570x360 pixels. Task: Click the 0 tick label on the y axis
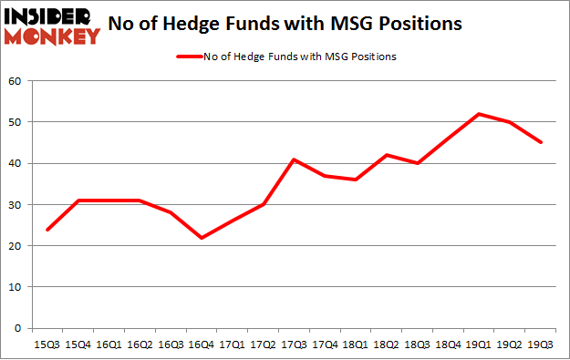(18, 328)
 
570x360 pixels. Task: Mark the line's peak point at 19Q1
(480, 114)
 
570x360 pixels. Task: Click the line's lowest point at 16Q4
(202, 238)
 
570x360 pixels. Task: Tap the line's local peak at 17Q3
(295, 159)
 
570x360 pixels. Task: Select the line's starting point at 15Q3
(47, 230)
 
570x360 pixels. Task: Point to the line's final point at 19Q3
(542, 142)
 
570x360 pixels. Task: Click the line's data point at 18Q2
(387, 155)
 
